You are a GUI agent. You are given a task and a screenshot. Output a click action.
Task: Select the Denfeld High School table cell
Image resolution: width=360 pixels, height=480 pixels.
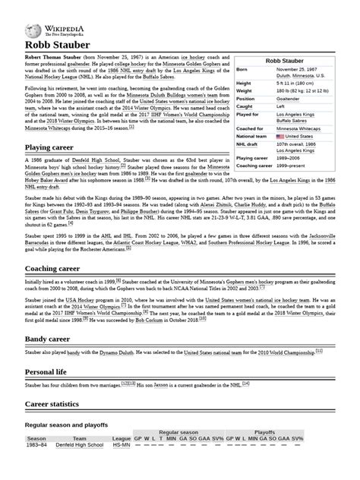point(79,446)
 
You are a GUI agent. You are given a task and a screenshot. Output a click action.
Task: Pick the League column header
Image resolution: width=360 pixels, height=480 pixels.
point(122,439)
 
